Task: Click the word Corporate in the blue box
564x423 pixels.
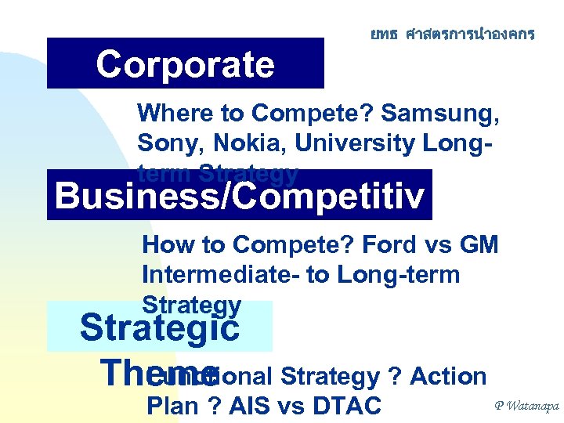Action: click(185, 65)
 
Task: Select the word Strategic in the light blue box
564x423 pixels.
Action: click(160, 327)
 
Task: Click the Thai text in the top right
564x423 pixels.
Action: click(453, 34)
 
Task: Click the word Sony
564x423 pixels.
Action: click(166, 143)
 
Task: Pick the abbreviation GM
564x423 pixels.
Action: click(478, 244)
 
